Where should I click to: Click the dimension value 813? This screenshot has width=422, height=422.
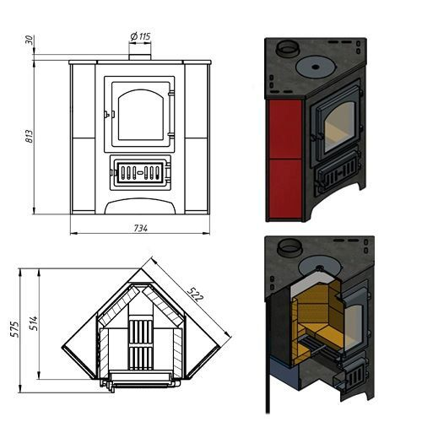[x=30, y=136]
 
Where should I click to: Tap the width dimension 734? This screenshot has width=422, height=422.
[x=140, y=228]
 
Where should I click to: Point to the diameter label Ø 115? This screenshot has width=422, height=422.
[x=140, y=36]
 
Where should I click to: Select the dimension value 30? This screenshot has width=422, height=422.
[x=30, y=40]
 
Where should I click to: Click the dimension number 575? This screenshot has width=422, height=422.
[x=14, y=329]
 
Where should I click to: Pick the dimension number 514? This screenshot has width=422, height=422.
[x=34, y=323]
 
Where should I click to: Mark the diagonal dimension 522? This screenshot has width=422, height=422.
[x=195, y=295]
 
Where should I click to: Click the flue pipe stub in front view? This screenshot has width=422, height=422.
[x=140, y=57]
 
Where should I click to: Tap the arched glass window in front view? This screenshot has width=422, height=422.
[x=141, y=115]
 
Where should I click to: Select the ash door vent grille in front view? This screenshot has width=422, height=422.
[x=140, y=172]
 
